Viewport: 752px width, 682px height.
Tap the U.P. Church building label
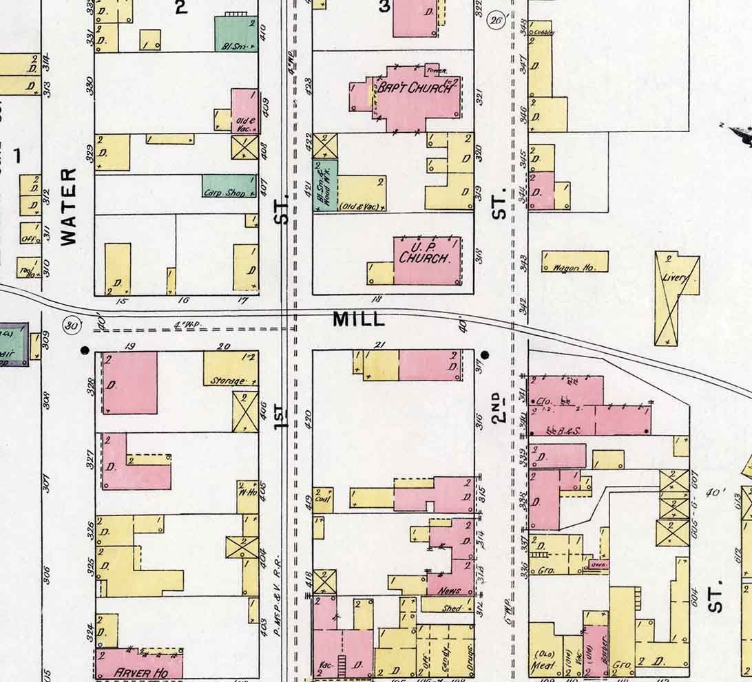tap(426, 253)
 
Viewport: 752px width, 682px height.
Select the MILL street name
tap(358, 319)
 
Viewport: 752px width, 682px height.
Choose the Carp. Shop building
tap(224, 193)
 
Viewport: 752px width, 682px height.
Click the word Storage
tap(227, 380)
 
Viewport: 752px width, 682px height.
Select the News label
tap(449, 590)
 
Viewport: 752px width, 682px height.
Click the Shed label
tap(452, 608)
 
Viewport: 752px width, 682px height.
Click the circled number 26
tap(496, 19)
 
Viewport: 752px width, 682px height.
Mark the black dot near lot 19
tap(85, 350)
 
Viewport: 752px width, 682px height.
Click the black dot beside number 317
tap(485, 355)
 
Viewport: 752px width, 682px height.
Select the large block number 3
tap(384, 7)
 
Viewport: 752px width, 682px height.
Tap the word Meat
tap(539, 665)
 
